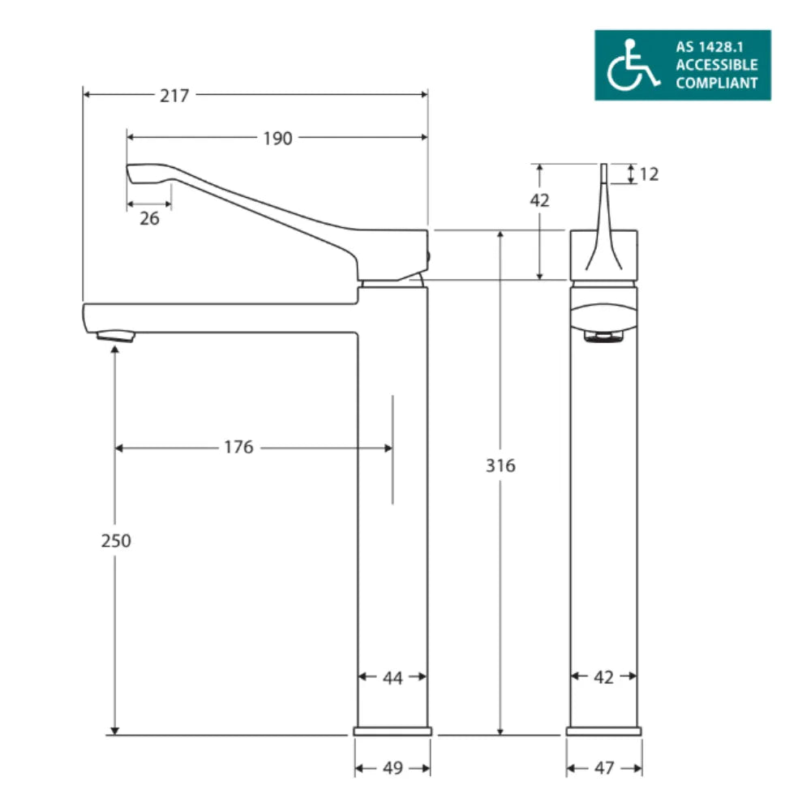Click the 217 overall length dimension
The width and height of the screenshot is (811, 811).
[x=174, y=96]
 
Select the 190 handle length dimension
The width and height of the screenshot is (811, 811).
[x=277, y=139]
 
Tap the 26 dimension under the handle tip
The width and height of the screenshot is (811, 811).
[x=149, y=218]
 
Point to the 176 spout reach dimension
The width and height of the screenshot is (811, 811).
[x=238, y=447]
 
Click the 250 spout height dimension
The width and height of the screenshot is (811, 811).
[x=115, y=540]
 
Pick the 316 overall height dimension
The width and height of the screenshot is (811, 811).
[x=500, y=466]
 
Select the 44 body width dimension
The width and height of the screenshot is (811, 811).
[x=393, y=677]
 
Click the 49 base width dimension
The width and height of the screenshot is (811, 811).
[x=393, y=768]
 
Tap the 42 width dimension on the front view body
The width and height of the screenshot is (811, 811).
[x=604, y=677]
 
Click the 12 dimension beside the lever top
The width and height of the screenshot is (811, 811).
[x=649, y=174]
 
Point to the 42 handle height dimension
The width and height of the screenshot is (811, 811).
[x=539, y=200]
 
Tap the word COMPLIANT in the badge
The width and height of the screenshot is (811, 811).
[x=716, y=83]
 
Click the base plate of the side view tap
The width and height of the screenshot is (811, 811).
[x=393, y=732]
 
